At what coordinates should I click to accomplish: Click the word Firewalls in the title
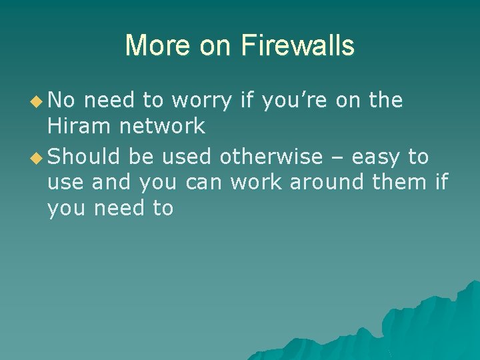(297, 45)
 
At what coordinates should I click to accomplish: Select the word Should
(84, 157)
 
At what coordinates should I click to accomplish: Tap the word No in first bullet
(62, 101)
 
